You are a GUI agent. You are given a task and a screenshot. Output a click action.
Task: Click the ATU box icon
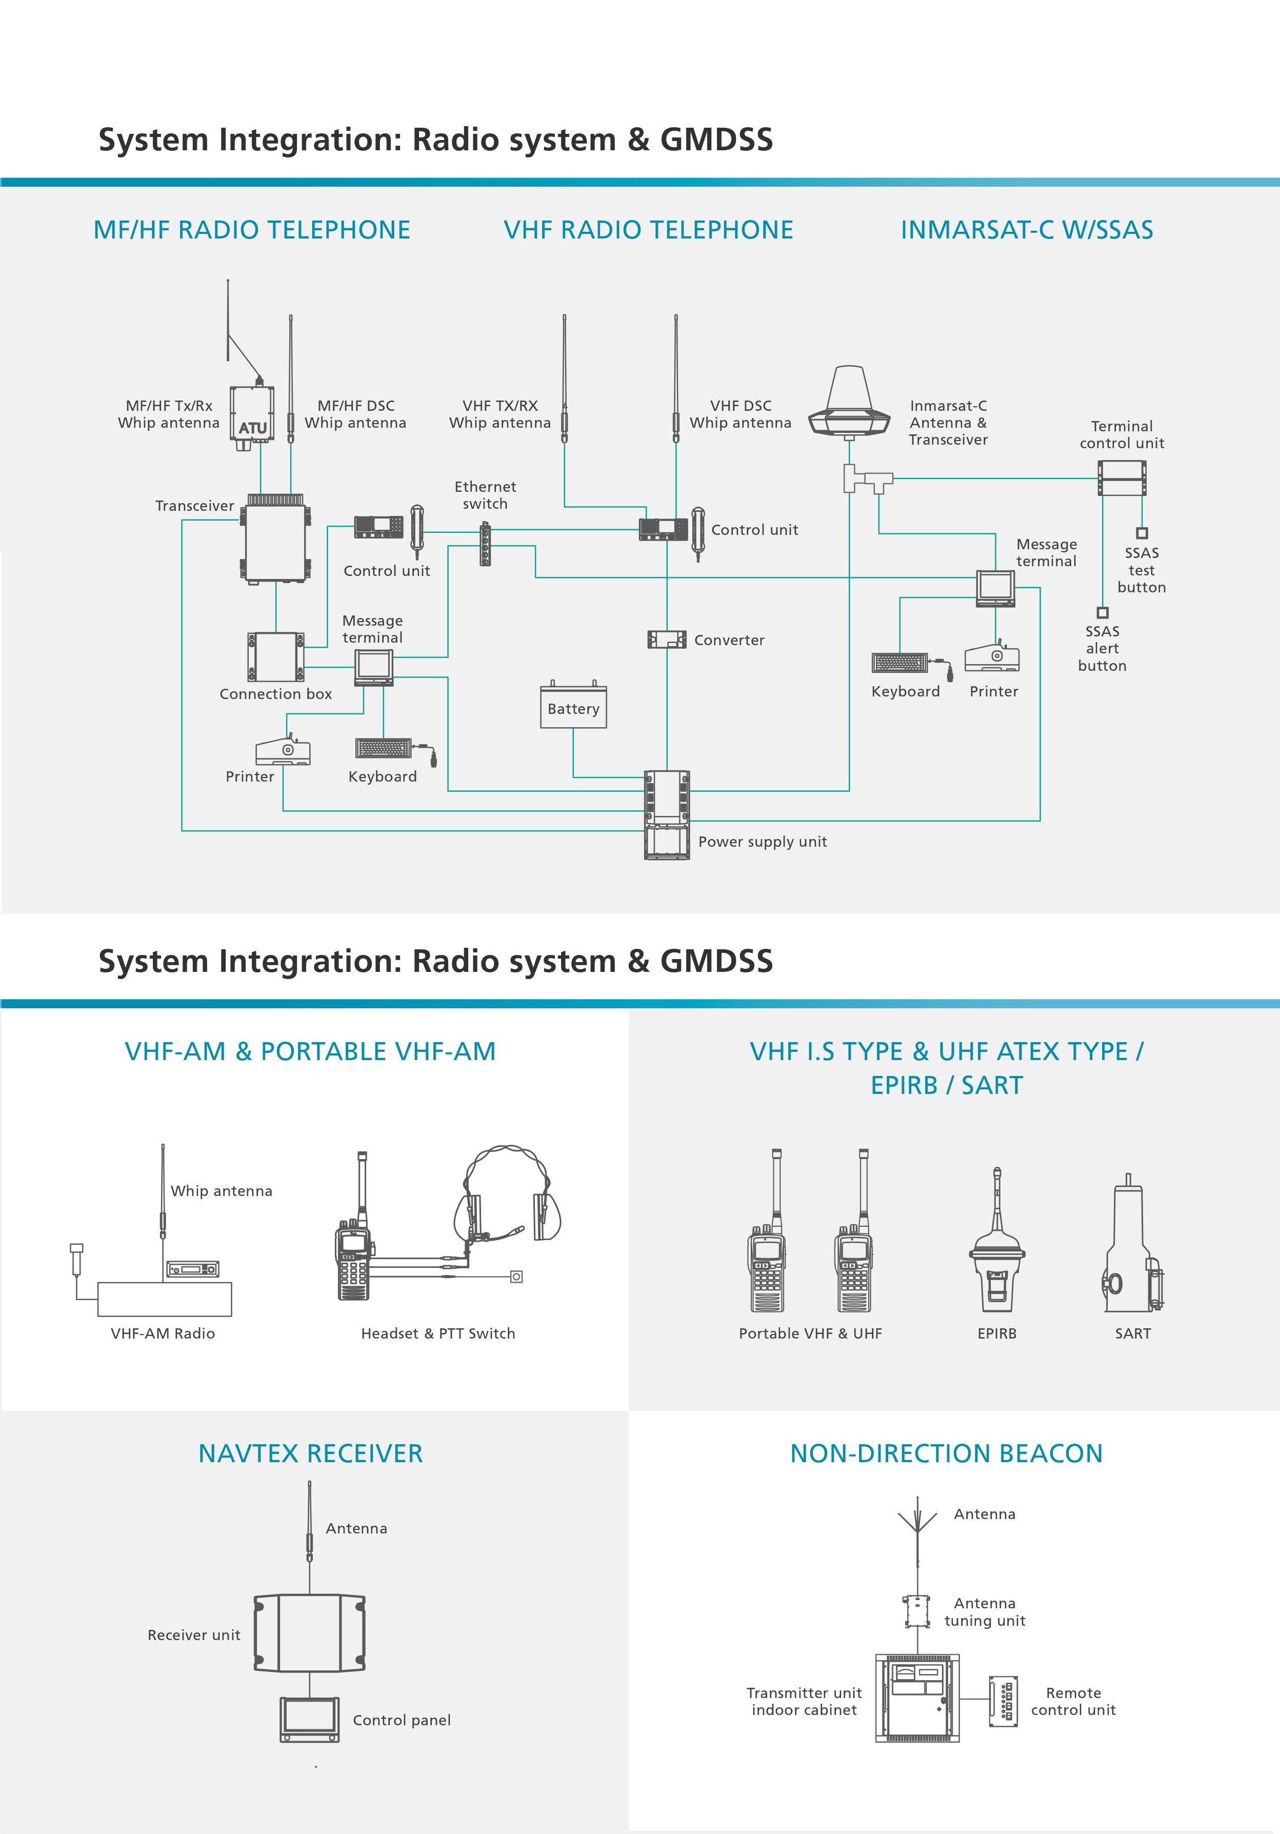[252, 415]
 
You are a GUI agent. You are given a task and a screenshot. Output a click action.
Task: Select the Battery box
[573, 707]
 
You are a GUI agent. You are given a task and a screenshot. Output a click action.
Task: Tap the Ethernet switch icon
[485, 544]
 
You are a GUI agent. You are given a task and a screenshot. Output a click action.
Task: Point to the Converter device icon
[667, 639]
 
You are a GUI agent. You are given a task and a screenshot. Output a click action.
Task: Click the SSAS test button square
[1142, 533]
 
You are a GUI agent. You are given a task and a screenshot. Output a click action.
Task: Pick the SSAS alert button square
[1103, 613]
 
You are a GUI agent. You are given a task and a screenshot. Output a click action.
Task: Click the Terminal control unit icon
[1122, 479]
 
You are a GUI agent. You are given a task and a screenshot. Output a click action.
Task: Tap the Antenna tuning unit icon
[917, 1612]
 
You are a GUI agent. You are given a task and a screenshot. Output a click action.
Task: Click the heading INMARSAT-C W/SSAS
[1027, 230]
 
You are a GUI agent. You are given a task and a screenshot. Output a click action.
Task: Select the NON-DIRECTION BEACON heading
[946, 1453]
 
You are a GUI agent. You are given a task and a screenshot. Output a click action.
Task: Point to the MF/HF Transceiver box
[275, 539]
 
